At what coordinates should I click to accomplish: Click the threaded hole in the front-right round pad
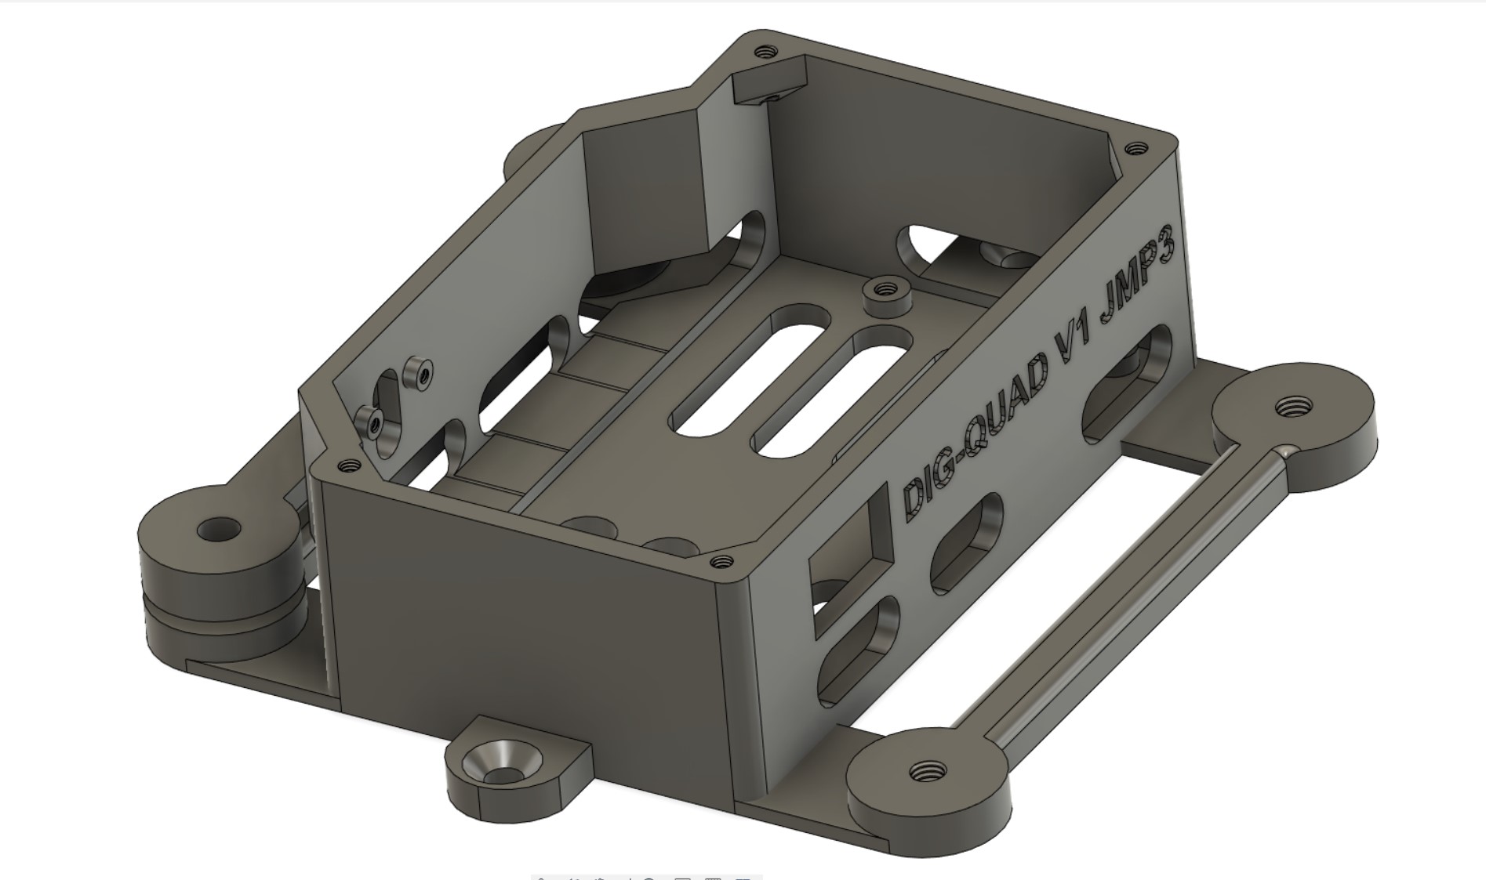(x=927, y=772)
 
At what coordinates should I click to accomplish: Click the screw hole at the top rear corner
(x=765, y=52)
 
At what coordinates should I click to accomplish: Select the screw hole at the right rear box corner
(x=1135, y=147)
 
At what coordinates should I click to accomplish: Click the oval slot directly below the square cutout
(x=858, y=647)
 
